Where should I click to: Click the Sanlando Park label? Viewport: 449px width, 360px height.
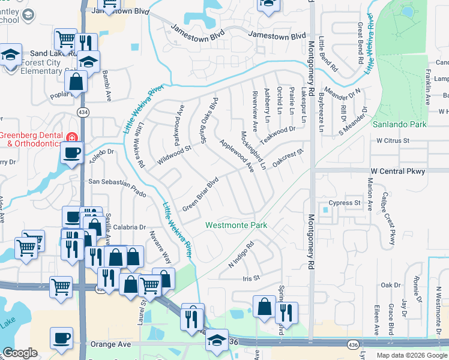399,124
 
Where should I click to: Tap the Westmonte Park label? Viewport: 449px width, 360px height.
236,226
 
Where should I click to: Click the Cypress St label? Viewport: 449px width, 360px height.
348,203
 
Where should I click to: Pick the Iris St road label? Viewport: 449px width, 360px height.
250,278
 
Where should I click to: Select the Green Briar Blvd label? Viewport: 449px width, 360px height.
199,194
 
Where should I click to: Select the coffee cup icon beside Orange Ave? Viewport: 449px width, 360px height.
61,338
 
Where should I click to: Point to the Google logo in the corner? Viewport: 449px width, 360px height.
20,353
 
